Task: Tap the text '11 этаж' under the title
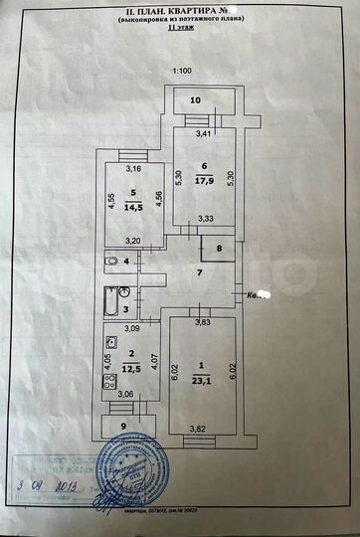click(182, 30)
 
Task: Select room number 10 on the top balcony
click(196, 100)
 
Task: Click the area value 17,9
click(206, 181)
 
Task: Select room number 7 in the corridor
click(199, 272)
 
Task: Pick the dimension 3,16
click(133, 169)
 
